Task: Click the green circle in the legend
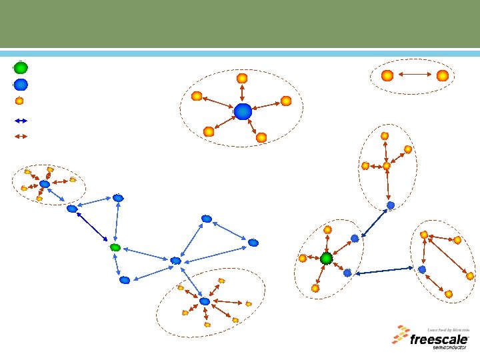point(21,67)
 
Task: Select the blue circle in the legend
point(21,85)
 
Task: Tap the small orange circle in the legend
point(20,101)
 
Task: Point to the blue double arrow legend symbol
point(21,121)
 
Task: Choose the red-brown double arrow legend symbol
point(21,136)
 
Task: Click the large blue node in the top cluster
point(243,111)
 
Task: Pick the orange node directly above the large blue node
point(242,79)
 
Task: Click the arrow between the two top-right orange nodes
point(415,76)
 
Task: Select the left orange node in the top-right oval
point(387,76)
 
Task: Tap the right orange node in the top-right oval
point(442,76)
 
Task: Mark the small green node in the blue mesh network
point(115,247)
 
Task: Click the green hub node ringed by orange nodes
point(326,258)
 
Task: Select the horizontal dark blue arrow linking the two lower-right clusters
point(384,271)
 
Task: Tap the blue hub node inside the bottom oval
point(205,301)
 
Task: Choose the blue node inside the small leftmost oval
point(45,184)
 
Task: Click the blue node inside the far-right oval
point(422,269)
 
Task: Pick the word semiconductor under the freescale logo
point(451,347)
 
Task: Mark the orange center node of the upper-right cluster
point(387,165)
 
